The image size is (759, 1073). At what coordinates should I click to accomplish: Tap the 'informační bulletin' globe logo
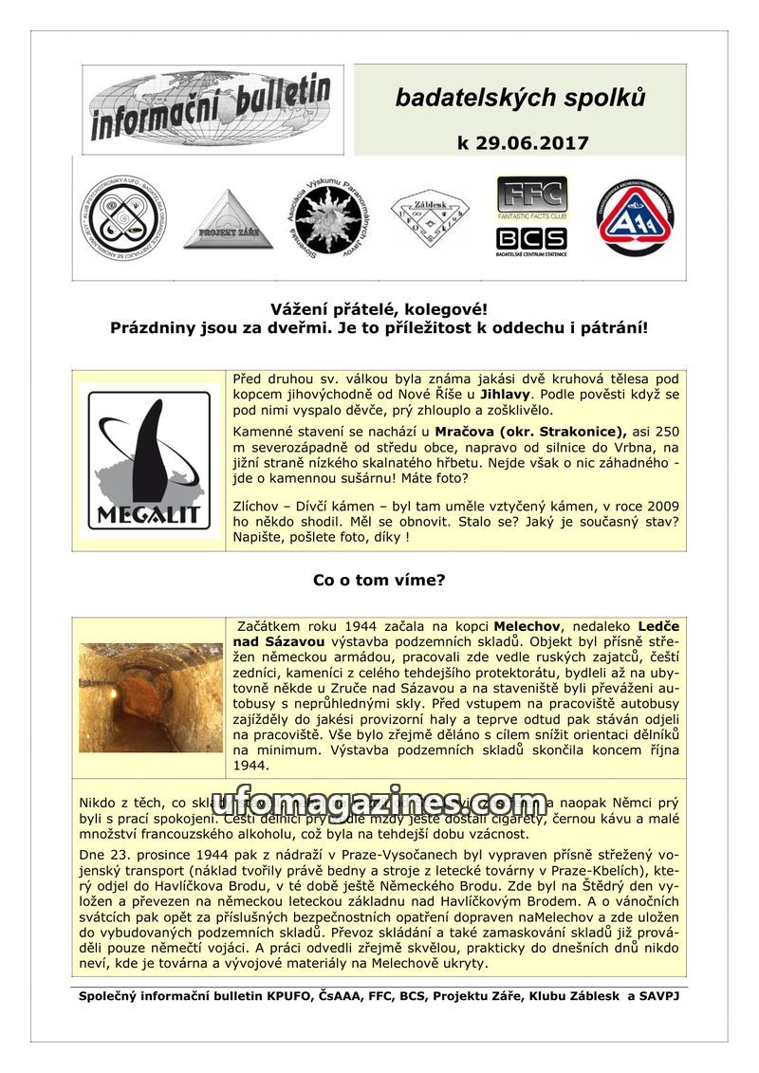pos(212,108)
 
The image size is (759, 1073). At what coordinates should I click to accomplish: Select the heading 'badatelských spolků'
pos(520,98)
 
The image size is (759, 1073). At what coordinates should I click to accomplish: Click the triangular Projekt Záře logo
pos(228,220)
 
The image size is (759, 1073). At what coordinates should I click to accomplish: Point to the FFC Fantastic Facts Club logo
pos(531,198)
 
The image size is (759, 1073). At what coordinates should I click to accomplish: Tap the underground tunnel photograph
pos(150,697)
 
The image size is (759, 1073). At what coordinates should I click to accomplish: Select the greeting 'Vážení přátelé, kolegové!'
pos(379,310)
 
